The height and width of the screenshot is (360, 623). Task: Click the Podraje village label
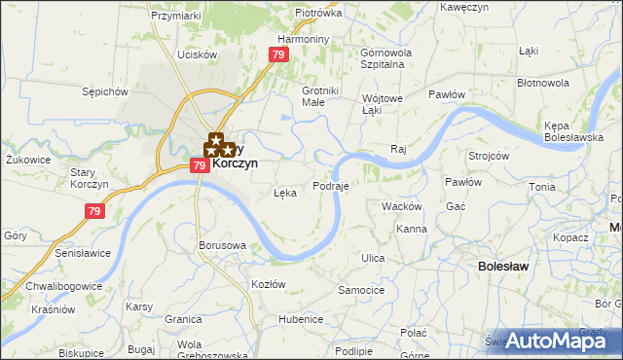point(331,185)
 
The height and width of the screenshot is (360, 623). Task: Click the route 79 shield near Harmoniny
point(279,55)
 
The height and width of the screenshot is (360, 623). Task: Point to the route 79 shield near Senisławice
point(95,210)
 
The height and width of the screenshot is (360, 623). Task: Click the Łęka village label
point(284,193)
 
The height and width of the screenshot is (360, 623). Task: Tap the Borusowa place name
point(221,245)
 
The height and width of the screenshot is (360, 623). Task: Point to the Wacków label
point(401,206)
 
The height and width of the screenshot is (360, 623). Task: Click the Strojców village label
point(489,156)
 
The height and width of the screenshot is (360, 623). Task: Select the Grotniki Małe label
point(320,96)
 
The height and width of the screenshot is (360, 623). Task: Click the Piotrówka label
point(318,14)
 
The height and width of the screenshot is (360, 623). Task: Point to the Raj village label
point(397,149)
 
